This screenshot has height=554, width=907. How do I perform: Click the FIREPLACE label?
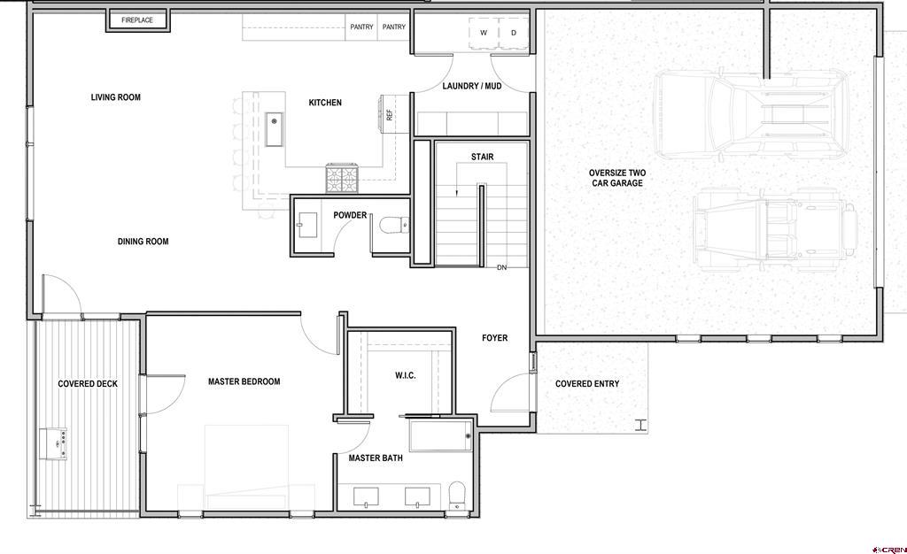click(x=137, y=20)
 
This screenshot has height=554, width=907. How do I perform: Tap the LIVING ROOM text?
click(x=116, y=97)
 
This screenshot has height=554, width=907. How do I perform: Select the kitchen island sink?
click(x=275, y=129)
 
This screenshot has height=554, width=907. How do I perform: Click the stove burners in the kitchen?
click(x=343, y=179)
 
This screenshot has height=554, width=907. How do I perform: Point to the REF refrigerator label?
click(x=390, y=115)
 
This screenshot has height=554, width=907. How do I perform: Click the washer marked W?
click(x=484, y=33)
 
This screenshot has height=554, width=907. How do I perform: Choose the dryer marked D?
click(x=514, y=33)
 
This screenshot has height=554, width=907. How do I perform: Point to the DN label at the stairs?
click(x=501, y=267)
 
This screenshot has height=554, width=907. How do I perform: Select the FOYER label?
click(x=494, y=338)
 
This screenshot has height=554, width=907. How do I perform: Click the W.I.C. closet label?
click(x=406, y=375)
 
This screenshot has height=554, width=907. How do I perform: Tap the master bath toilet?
click(x=457, y=496)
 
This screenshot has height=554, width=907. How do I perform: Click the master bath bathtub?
click(x=441, y=435)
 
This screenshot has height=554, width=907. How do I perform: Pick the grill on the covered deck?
click(x=53, y=443)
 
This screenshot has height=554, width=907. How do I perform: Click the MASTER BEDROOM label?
click(x=244, y=381)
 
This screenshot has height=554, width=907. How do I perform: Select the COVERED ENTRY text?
click(x=587, y=383)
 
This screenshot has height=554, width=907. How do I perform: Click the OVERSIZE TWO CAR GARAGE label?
click(x=617, y=178)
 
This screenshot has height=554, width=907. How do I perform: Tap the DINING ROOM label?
click(x=143, y=242)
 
